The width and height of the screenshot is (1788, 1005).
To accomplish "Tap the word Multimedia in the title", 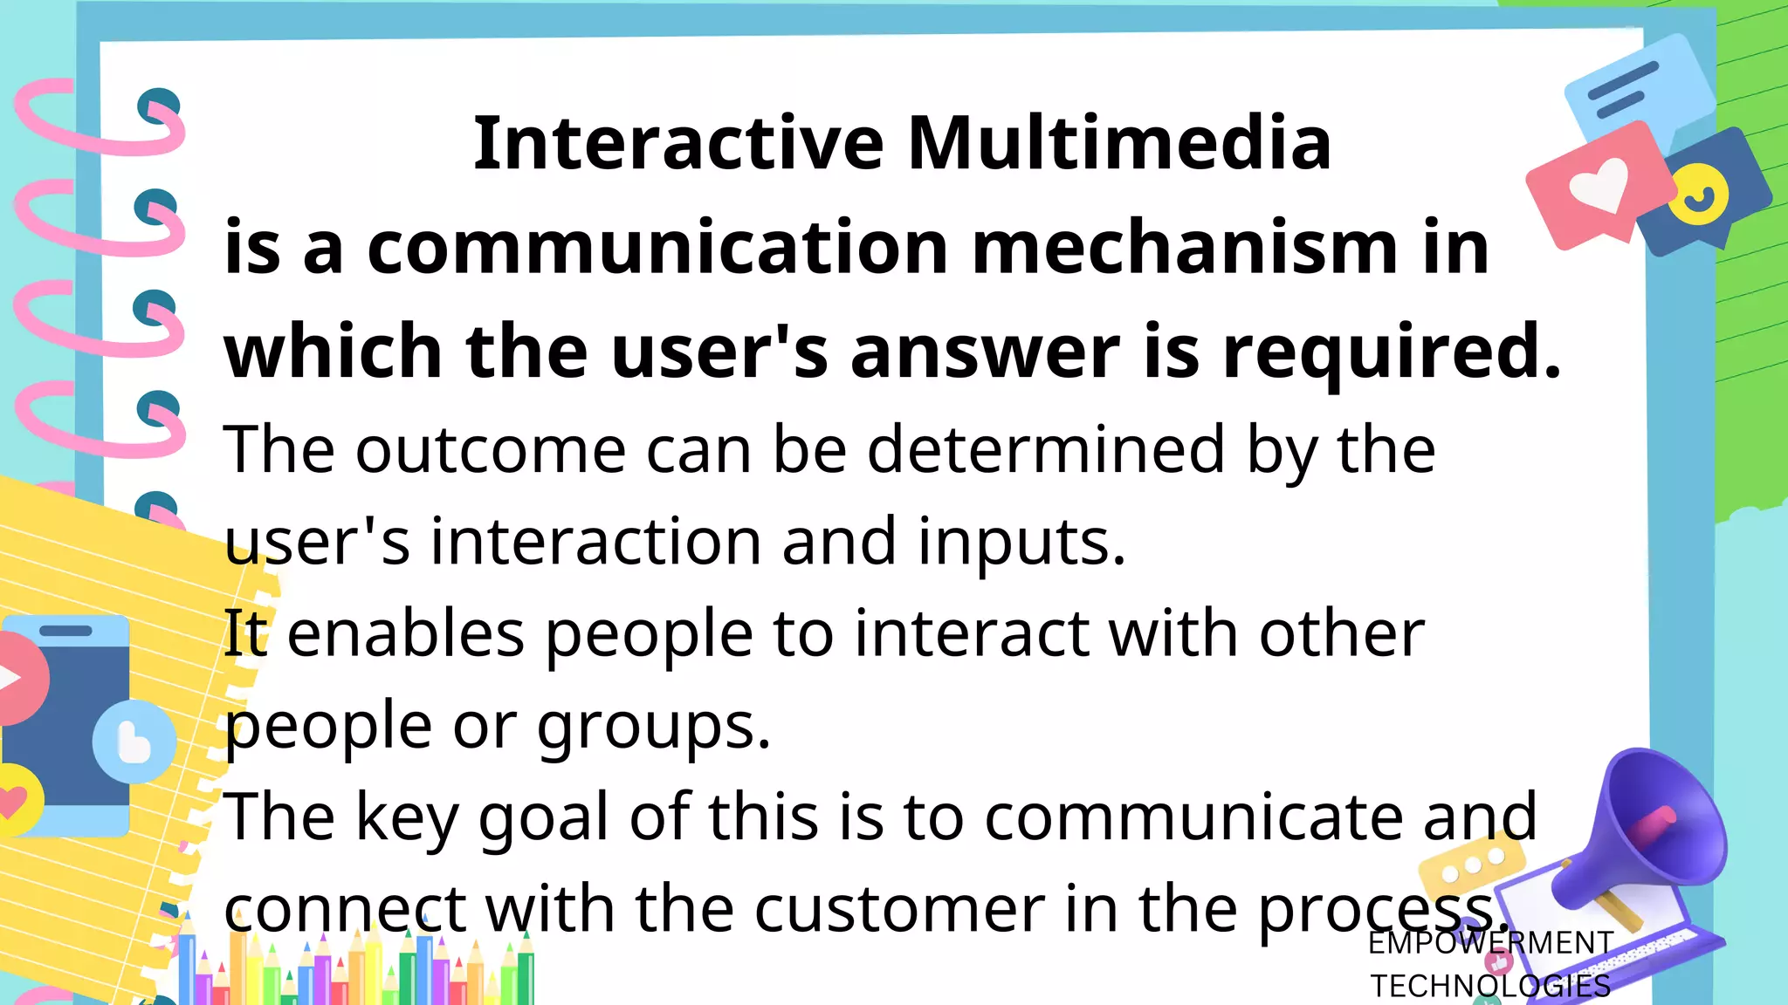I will tap(1119, 143).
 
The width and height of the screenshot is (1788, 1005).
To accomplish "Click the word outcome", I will tap(491, 450).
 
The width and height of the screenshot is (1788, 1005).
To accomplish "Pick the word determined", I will tap(1046, 450).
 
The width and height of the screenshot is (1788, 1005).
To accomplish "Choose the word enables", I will tap(405, 633).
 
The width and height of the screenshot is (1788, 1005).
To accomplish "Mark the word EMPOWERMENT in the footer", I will tap(1490, 943).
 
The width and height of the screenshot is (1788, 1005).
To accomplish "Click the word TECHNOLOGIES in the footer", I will tap(1490, 986).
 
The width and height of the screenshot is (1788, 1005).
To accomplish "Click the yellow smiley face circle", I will tap(1698, 195).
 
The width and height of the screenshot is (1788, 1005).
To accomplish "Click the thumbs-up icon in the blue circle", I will tap(134, 742).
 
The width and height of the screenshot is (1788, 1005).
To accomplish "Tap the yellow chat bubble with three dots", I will tap(1473, 864).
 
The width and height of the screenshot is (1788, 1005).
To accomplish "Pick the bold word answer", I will tap(985, 353).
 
